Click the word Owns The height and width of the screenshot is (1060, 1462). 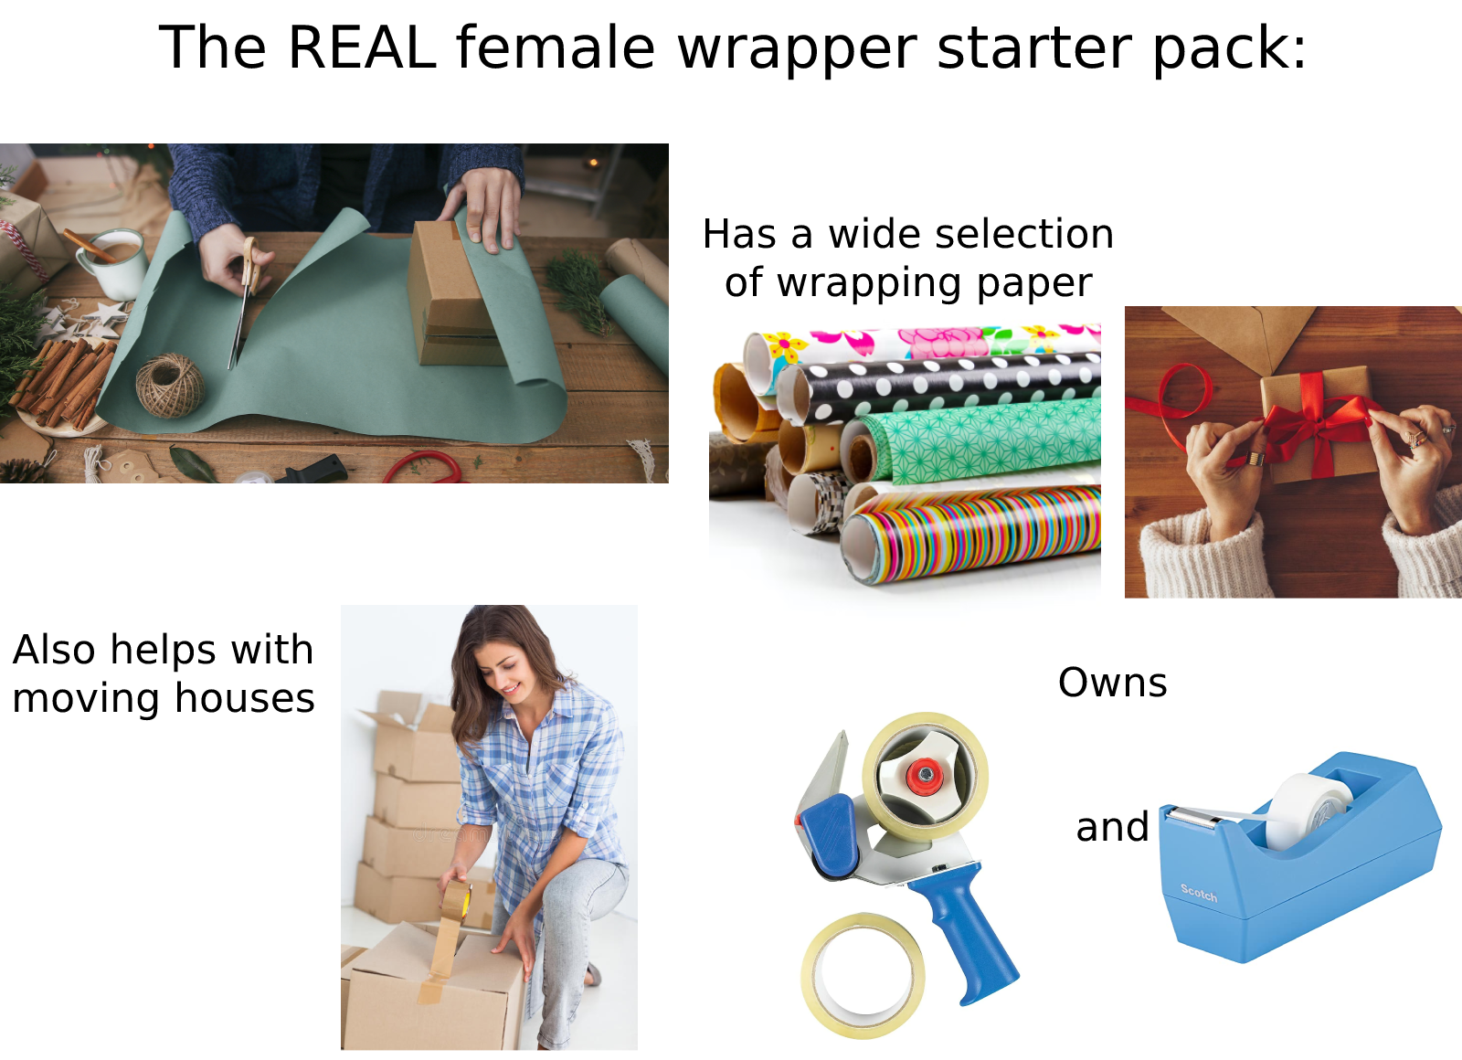coord(1112,683)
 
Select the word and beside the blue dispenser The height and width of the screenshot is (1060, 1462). coord(1112,827)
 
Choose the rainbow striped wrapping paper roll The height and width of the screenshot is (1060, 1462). coord(978,535)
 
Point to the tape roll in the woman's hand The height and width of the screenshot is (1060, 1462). coord(455,900)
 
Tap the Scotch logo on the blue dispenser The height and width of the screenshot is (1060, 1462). coord(1198,893)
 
